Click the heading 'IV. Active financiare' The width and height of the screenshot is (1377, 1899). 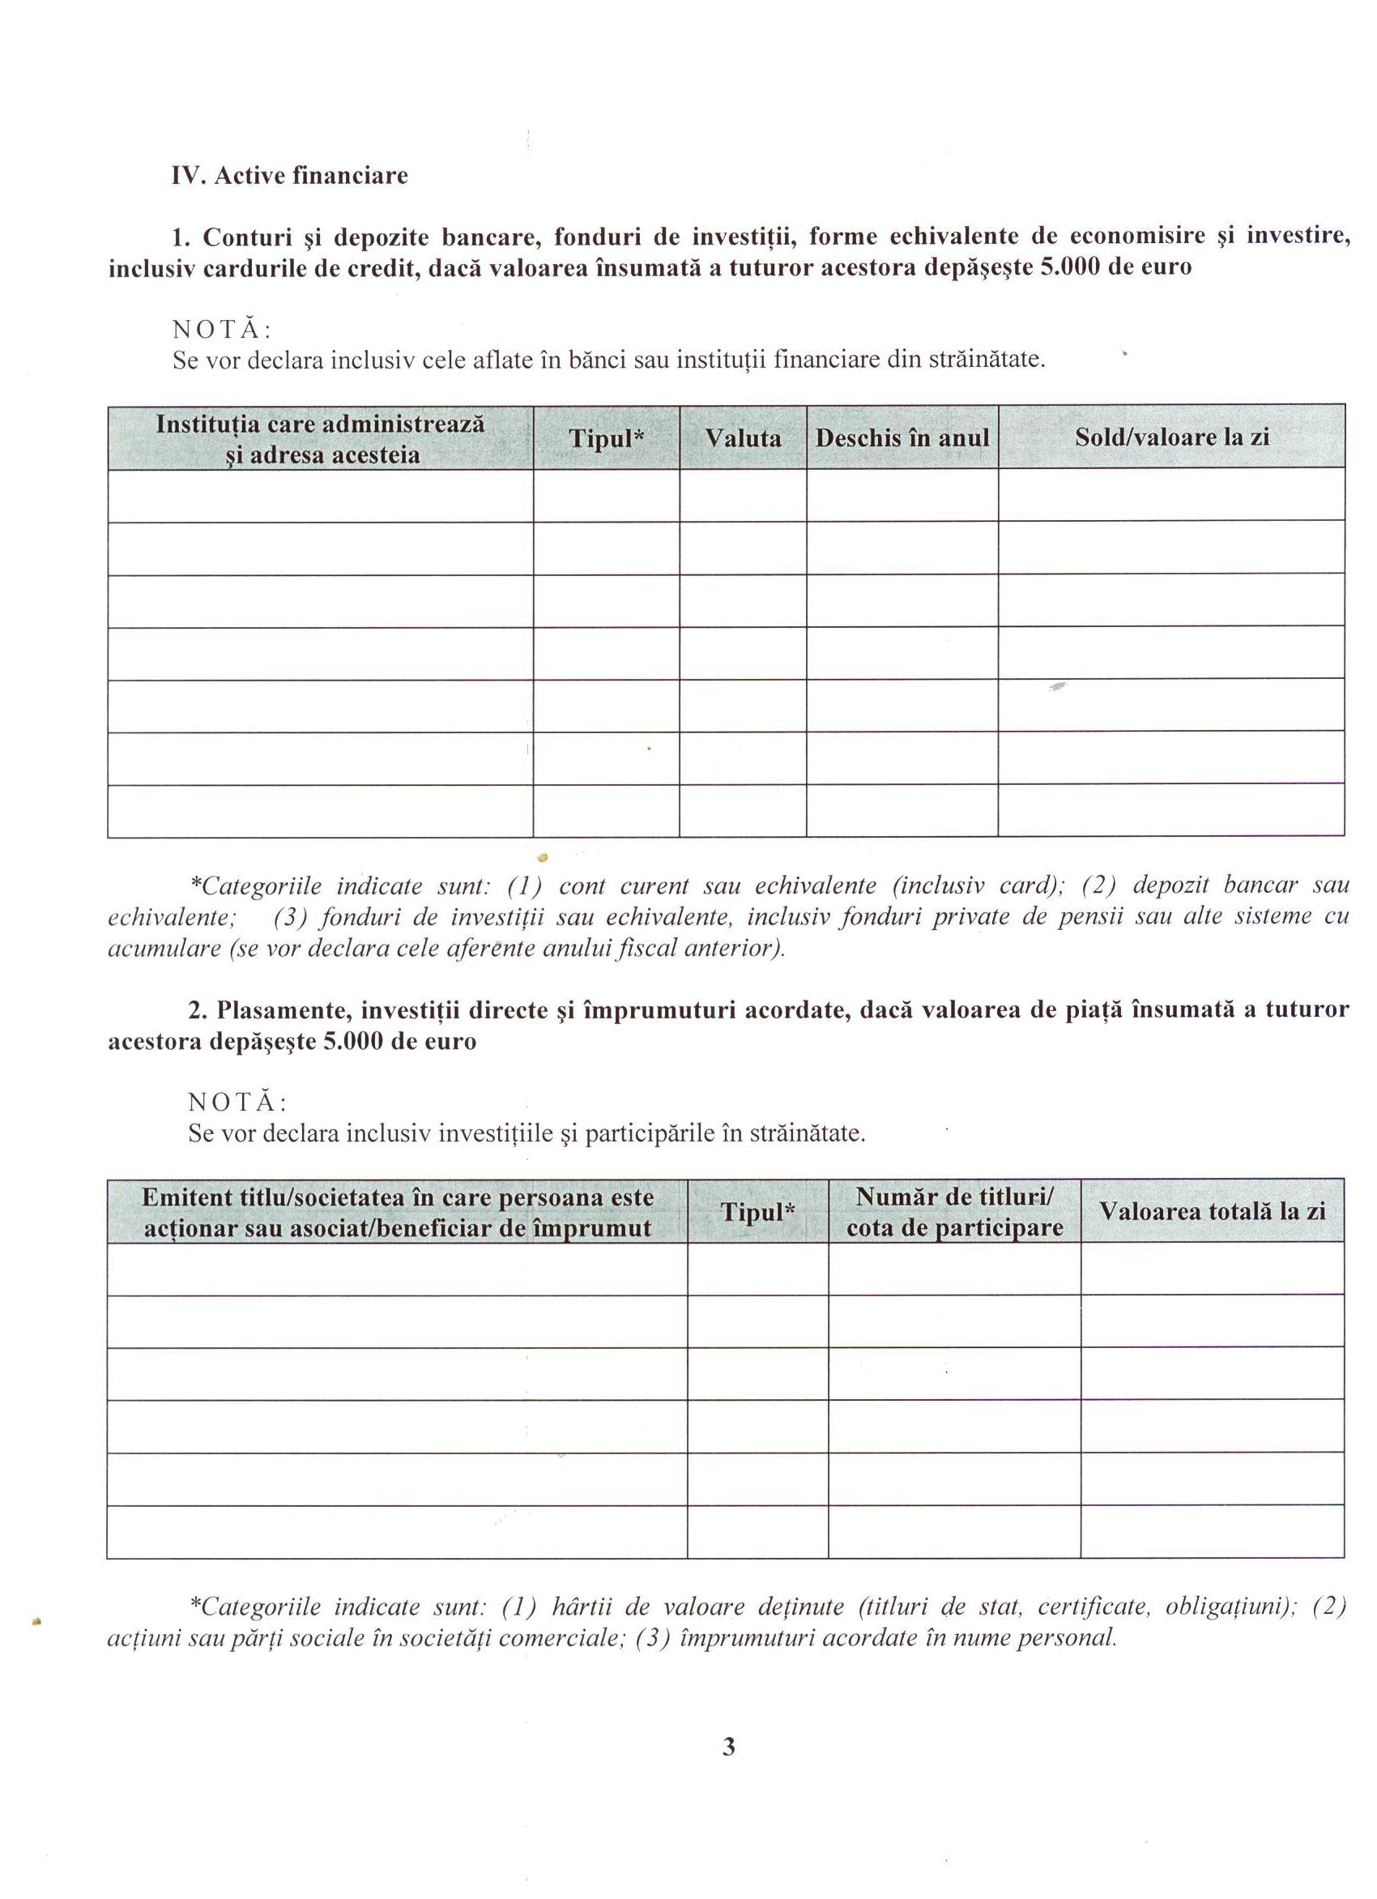coord(290,176)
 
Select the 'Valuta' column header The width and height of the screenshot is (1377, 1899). coord(743,438)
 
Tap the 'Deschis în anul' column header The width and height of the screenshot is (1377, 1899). coord(902,438)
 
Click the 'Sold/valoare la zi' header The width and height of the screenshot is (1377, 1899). coord(1171,437)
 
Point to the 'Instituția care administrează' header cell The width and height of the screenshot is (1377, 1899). coord(321,439)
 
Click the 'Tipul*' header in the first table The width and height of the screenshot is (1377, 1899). coord(606,438)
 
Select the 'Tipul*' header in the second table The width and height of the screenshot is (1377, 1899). coord(757,1211)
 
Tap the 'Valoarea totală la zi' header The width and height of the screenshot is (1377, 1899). coord(1212,1211)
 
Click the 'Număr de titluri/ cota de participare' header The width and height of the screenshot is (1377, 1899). coord(954,1211)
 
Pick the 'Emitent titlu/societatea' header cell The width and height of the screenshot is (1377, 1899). coord(398,1211)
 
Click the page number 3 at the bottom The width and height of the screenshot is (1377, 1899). coord(728,1748)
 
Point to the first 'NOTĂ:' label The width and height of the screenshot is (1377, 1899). coord(222,328)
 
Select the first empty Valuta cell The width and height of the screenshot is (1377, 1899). coord(743,496)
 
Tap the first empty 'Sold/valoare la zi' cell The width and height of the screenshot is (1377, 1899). coord(1171,496)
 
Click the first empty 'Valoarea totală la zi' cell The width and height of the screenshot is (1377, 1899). coord(1212,1269)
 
